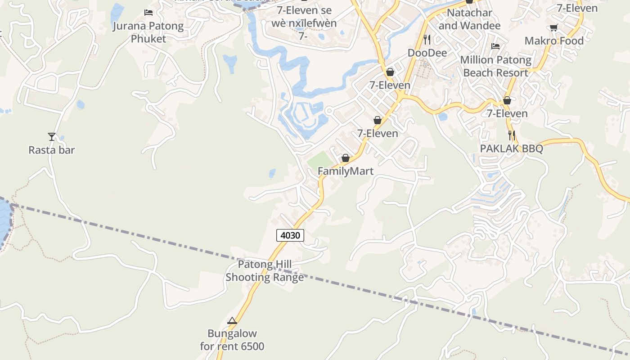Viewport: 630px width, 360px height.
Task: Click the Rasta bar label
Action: click(x=52, y=150)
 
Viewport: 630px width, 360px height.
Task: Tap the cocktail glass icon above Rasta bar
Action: click(x=52, y=136)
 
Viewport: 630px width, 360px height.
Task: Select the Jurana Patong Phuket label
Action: click(x=148, y=32)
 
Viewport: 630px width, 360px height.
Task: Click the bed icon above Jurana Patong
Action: click(x=148, y=12)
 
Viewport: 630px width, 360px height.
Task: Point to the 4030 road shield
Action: click(x=290, y=235)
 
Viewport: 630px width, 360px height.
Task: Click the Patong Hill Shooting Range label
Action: click(x=265, y=271)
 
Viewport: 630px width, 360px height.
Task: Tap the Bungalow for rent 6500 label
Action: click(x=232, y=340)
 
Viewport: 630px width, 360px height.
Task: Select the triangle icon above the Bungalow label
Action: click(x=232, y=321)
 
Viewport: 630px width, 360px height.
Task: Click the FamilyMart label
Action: click(x=346, y=171)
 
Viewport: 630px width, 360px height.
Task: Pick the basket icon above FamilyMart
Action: click(x=346, y=158)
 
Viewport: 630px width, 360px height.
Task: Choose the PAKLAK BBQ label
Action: click(x=511, y=148)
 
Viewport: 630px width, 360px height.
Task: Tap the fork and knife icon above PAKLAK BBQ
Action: click(x=511, y=135)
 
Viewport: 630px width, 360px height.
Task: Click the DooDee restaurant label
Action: click(x=427, y=53)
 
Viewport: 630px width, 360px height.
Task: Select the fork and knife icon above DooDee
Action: click(x=427, y=40)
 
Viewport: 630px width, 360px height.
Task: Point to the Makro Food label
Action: click(x=554, y=41)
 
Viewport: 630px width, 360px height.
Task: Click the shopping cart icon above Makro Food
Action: click(x=554, y=27)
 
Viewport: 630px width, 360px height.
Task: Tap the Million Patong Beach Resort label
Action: click(x=495, y=66)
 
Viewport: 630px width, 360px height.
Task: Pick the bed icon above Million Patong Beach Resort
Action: click(x=495, y=46)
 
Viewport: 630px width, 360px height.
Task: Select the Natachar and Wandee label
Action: click(x=469, y=19)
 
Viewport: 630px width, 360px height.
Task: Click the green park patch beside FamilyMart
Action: click(x=320, y=160)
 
